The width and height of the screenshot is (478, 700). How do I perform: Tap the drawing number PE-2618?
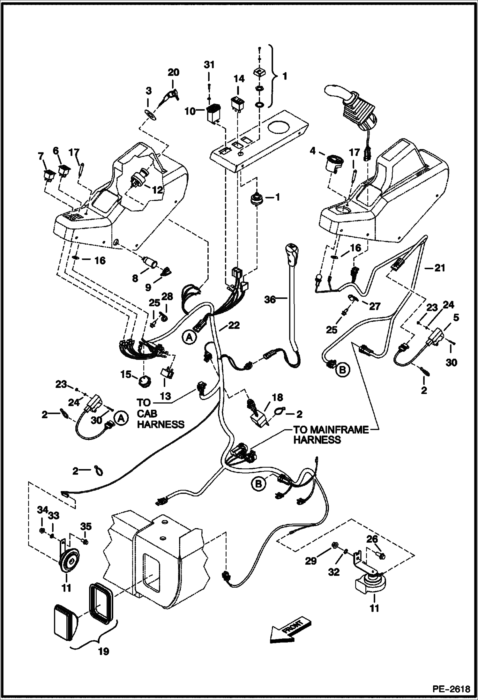click(x=451, y=689)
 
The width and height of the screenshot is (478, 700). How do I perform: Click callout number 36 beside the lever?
click(x=270, y=300)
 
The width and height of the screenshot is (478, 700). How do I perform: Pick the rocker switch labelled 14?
click(x=237, y=103)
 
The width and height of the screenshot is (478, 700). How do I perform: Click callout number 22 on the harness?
click(x=234, y=325)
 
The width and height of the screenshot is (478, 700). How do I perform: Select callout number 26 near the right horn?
click(x=372, y=539)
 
